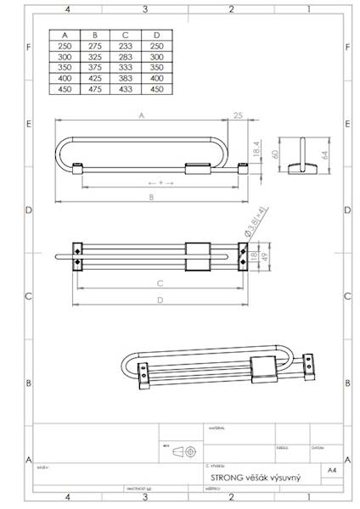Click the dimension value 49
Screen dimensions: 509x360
click(265, 252)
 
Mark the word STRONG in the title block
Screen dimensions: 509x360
click(222, 479)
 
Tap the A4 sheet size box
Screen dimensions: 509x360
click(330, 467)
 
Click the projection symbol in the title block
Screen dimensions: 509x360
click(181, 452)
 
